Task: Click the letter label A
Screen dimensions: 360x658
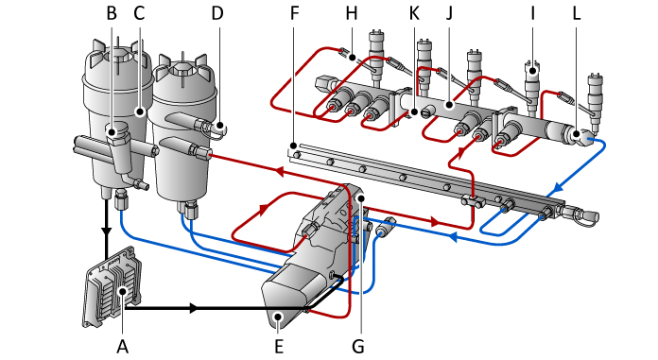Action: coord(121,346)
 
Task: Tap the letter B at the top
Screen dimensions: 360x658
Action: coord(112,13)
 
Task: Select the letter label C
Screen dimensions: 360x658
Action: coord(139,13)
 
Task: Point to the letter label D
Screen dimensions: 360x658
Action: coord(218,13)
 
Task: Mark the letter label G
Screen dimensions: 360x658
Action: coord(357,346)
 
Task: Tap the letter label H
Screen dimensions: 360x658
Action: coord(352,13)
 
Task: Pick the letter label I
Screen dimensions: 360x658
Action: coord(531,13)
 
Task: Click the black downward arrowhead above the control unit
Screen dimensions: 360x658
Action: coord(106,230)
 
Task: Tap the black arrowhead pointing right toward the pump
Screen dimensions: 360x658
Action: coord(194,308)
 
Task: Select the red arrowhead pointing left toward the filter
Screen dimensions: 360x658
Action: coord(280,172)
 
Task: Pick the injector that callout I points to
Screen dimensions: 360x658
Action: coord(531,80)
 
